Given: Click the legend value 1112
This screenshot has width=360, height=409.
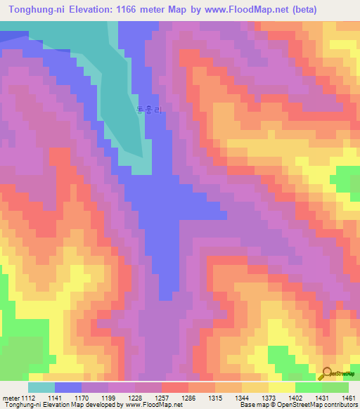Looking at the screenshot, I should pos(28,397).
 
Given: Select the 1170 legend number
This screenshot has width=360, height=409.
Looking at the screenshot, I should pos(82,397).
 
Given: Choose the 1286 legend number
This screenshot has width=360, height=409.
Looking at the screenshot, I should pos(188,397).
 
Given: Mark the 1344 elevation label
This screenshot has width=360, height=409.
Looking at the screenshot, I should pos(242,397).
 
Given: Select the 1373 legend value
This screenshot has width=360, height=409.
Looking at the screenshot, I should pos(269,397).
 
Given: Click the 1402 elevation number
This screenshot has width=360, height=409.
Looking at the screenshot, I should pos(295,397).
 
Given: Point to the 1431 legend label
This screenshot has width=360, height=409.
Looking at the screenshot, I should pos(322,397).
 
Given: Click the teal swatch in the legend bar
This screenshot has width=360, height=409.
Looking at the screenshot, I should pos(41,387).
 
